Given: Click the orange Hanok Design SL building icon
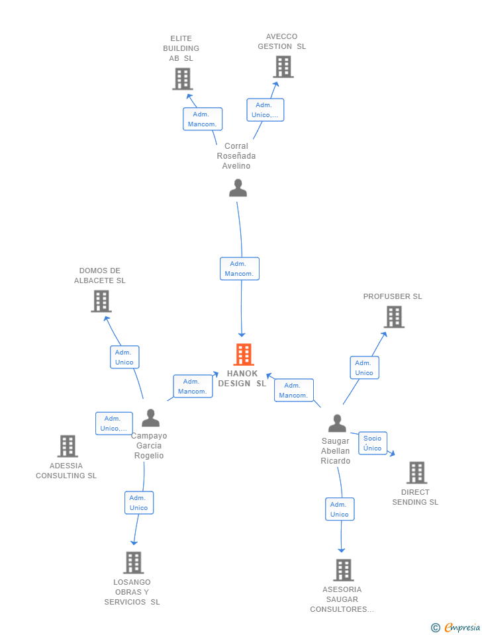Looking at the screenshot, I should (244, 355).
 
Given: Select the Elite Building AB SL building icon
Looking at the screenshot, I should (182, 79).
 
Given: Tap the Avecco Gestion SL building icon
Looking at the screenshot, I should (283, 67).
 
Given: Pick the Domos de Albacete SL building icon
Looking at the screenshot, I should (101, 302).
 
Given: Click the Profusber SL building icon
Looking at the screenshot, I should (394, 317).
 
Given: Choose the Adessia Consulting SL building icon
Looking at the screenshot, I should (68, 446).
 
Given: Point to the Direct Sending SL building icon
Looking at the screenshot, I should (416, 473).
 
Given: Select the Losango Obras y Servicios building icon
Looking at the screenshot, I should (133, 563).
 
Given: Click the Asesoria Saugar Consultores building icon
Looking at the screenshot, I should (343, 570).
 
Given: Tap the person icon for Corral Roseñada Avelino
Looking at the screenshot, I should (238, 189).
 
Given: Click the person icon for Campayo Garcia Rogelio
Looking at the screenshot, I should (151, 418).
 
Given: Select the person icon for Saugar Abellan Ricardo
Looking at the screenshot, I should (337, 423).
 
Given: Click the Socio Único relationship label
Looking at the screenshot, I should (373, 443).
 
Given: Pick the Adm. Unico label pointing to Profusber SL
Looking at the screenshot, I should (364, 368).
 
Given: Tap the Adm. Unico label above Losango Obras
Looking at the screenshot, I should (139, 503).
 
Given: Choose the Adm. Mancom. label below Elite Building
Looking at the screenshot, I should (203, 119).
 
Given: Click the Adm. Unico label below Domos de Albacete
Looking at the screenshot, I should (124, 357).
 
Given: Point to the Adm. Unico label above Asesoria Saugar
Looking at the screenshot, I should (340, 509).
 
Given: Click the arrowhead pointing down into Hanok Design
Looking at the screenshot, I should (242, 335).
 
